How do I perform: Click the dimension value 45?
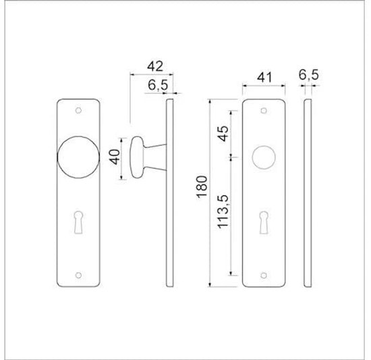coord(222,132)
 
